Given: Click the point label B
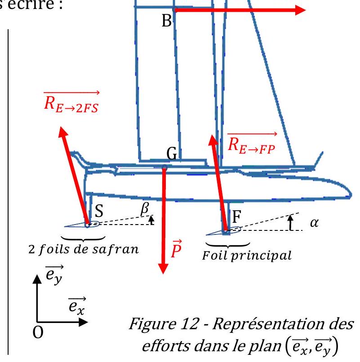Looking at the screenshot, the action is (x=167, y=21).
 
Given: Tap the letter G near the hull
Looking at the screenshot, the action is (x=172, y=154).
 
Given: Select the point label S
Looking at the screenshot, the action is (x=99, y=211).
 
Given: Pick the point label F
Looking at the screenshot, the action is (x=237, y=216).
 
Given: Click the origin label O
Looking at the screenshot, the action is (x=38, y=332).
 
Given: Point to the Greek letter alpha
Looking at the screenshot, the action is (x=314, y=223).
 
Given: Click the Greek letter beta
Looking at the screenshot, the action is (x=145, y=209).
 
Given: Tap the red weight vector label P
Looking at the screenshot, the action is (x=176, y=249).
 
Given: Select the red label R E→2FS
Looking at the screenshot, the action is (x=71, y=103).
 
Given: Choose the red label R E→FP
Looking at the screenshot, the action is (x=252, y=144).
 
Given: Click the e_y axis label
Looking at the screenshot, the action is (x=54, y=275).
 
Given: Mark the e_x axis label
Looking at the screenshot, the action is (x=77, y=306).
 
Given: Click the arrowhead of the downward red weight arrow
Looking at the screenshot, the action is (x=163, y=268).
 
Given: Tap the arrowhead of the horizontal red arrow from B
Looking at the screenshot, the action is (x=300, y=10).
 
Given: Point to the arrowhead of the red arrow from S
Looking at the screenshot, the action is (x=62, y=132).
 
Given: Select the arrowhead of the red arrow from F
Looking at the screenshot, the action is (x=213, y=140).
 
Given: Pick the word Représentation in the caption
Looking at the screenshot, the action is (x=283, y=324).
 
